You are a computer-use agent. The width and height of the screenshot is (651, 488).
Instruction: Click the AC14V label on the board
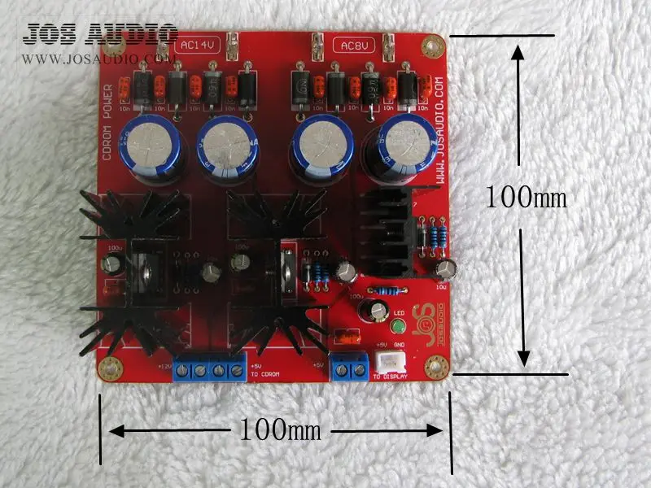pos(196,46)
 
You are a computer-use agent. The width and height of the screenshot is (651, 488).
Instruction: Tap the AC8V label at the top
pos(353,46)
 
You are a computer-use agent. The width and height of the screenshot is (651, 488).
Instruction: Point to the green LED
pos(399,328)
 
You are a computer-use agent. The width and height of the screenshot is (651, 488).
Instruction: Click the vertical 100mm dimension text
pos(525,197)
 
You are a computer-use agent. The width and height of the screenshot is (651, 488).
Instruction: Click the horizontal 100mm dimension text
pos(280,429)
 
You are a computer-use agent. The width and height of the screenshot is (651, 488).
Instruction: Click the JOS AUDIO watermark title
pos(100,34)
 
